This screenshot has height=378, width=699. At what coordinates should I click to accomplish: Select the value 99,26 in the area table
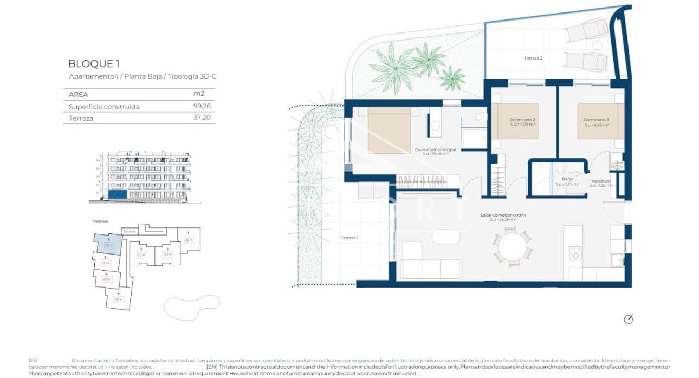202,107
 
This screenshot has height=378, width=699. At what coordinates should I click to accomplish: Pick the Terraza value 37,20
202,118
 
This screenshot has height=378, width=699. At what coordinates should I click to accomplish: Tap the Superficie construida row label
104,107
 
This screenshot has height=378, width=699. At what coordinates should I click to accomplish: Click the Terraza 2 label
533,58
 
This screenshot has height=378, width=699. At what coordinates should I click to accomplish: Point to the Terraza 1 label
349,238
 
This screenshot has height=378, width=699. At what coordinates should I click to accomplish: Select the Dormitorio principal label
435,149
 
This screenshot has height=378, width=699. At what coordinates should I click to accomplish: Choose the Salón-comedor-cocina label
503,215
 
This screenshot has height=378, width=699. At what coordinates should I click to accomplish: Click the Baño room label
567,179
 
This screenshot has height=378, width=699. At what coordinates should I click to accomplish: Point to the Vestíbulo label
601,181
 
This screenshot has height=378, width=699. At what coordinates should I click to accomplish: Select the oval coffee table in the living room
449,237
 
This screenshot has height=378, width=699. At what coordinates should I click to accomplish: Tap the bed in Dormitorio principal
389,130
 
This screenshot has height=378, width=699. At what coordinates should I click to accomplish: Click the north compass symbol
629,318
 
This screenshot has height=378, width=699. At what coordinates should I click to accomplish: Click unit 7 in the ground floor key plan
118,298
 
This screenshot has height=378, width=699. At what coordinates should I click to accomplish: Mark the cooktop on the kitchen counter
574,253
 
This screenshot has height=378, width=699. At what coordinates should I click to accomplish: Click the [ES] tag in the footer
33,360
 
